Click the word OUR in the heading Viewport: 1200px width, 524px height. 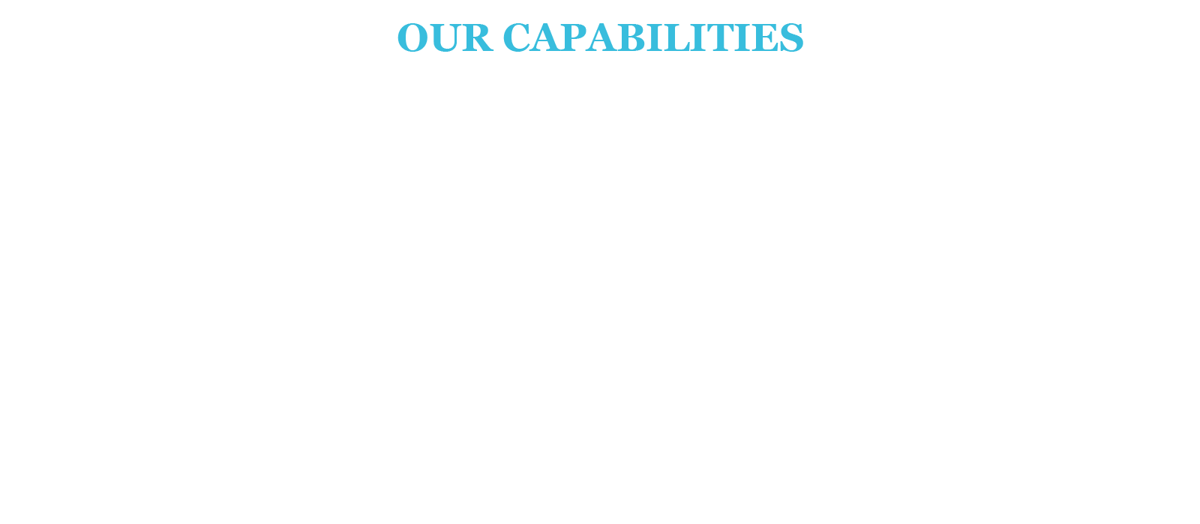(444, 37)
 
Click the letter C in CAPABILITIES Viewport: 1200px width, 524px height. (517, 37)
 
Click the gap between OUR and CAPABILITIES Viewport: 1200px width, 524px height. (496, 37)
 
